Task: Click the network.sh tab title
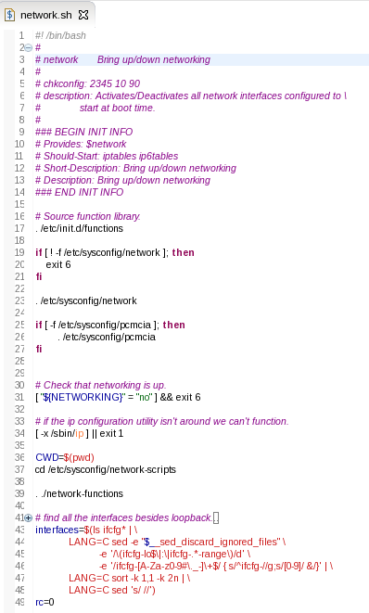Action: (45, 16)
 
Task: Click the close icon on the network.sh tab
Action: (83, 16)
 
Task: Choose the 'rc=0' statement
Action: (45, 601)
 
